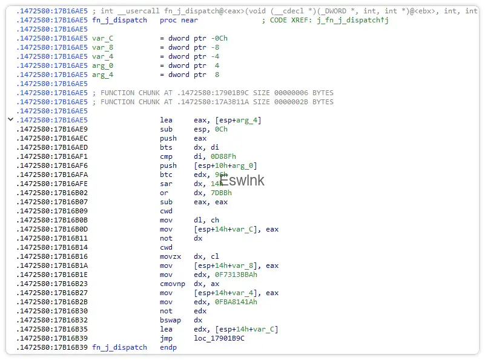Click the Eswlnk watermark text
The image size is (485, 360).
242,181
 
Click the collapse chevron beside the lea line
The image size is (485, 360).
10,119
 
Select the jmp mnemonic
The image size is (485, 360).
166,338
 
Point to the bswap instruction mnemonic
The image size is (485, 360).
170,320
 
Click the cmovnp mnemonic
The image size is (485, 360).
173,284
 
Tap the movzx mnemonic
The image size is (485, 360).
170,256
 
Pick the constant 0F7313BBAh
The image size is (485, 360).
236,275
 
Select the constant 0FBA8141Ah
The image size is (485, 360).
236,302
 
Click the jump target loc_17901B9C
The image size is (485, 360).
219,338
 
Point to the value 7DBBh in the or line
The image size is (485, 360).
221,193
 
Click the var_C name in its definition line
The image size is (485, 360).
103,38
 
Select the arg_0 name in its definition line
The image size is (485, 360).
103,65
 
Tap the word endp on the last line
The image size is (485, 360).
168,347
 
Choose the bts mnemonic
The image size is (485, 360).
166,147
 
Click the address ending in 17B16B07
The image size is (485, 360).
52,202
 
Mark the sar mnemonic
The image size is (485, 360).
166,184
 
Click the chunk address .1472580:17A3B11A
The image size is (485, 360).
213,102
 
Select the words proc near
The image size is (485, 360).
179,20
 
